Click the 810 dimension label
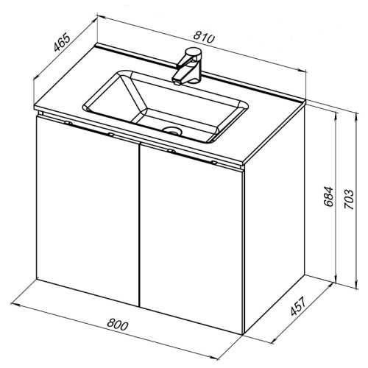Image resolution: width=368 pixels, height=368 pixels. coord(204,38)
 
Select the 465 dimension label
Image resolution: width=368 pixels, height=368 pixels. coord(62,43)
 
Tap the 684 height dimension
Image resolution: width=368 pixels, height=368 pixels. coord(328,197)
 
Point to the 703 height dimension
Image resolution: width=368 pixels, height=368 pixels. coord(349,199)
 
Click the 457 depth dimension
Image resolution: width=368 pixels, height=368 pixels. coord(298,306)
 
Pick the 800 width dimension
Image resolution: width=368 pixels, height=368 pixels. coord(118,325)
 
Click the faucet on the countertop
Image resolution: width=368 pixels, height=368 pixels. coord(187,66)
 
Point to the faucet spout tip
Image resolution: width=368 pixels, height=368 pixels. coord(177,83)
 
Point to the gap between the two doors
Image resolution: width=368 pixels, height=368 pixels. coord(139,224)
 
